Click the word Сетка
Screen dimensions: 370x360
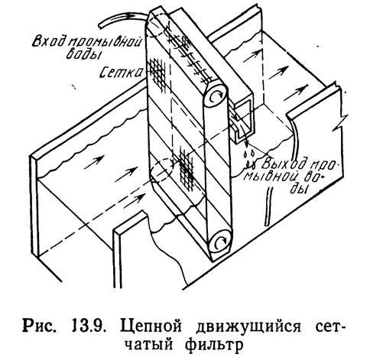(122, 73)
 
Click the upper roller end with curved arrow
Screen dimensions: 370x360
(216, 96)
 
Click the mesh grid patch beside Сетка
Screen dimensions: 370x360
(157, 73)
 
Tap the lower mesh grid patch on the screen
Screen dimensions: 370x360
(186, 169)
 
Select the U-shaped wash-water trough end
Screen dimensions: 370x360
(242, 120)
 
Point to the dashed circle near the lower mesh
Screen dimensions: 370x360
(161, 170)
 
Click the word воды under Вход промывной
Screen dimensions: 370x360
(83, 54)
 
